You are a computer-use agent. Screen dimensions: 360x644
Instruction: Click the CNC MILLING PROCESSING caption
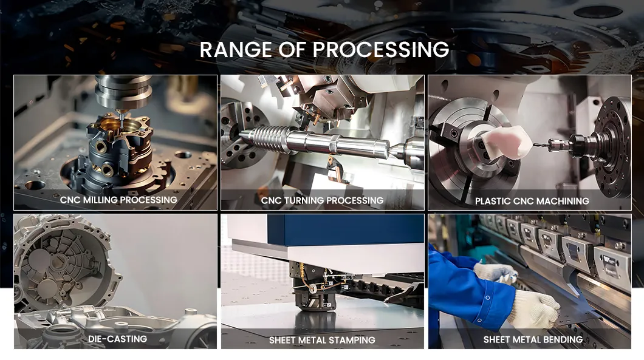coord(118,200)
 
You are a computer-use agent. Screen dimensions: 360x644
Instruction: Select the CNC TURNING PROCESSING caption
coord(322,200)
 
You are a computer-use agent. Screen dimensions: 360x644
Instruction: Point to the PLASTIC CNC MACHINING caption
coord(532,201)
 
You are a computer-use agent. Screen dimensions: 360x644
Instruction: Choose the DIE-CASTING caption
coord(117,339)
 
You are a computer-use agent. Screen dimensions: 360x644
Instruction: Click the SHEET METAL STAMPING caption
coord(322,340)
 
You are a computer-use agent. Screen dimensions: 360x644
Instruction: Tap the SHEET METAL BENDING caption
coord(533,339)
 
